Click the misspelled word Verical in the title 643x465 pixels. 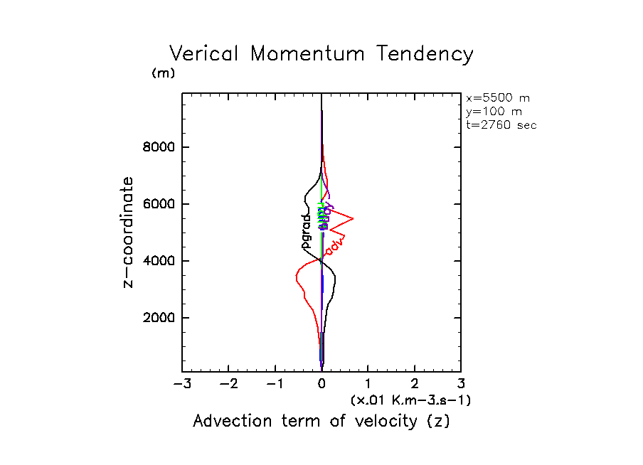207,54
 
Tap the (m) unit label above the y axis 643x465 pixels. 163,73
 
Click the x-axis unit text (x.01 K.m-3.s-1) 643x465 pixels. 410,400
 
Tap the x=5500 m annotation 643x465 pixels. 497,98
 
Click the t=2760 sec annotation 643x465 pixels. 501,124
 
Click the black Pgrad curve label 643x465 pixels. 307,231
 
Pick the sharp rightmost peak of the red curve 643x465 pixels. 354,218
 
